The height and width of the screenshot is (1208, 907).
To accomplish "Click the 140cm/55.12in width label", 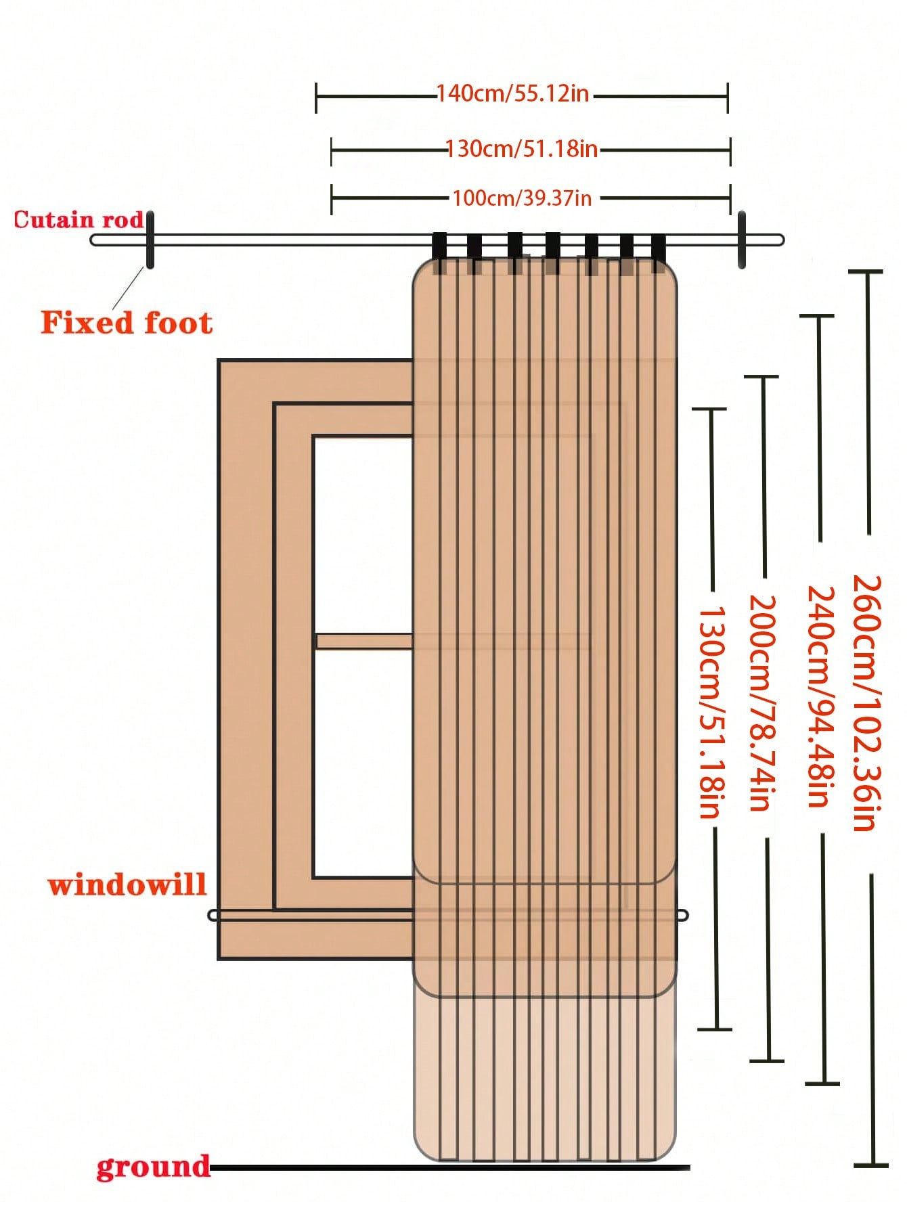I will [512, 93].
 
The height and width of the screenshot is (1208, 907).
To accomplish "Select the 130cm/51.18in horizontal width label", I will [521, 148].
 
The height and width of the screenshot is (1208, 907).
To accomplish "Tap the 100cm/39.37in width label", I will [522, 198].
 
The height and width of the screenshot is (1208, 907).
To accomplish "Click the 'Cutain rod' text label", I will [79, 220].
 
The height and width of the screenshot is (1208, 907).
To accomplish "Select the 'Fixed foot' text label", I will [127, 323].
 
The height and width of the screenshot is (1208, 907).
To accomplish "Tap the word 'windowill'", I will [127, 885].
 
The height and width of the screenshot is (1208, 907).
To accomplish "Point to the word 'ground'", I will [153, 1167].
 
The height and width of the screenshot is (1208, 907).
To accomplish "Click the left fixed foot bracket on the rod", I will [150, 240].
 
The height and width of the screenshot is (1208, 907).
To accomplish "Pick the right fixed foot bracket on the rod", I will [742, 240].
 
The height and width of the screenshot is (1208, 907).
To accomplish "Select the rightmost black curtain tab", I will [659, 252].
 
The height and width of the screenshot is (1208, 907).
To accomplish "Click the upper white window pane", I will [363, 535].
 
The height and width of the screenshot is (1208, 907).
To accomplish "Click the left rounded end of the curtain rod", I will [95, 240].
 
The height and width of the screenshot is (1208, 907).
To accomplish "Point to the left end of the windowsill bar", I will [213, 916].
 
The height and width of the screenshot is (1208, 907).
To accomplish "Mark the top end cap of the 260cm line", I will [866, 272].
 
